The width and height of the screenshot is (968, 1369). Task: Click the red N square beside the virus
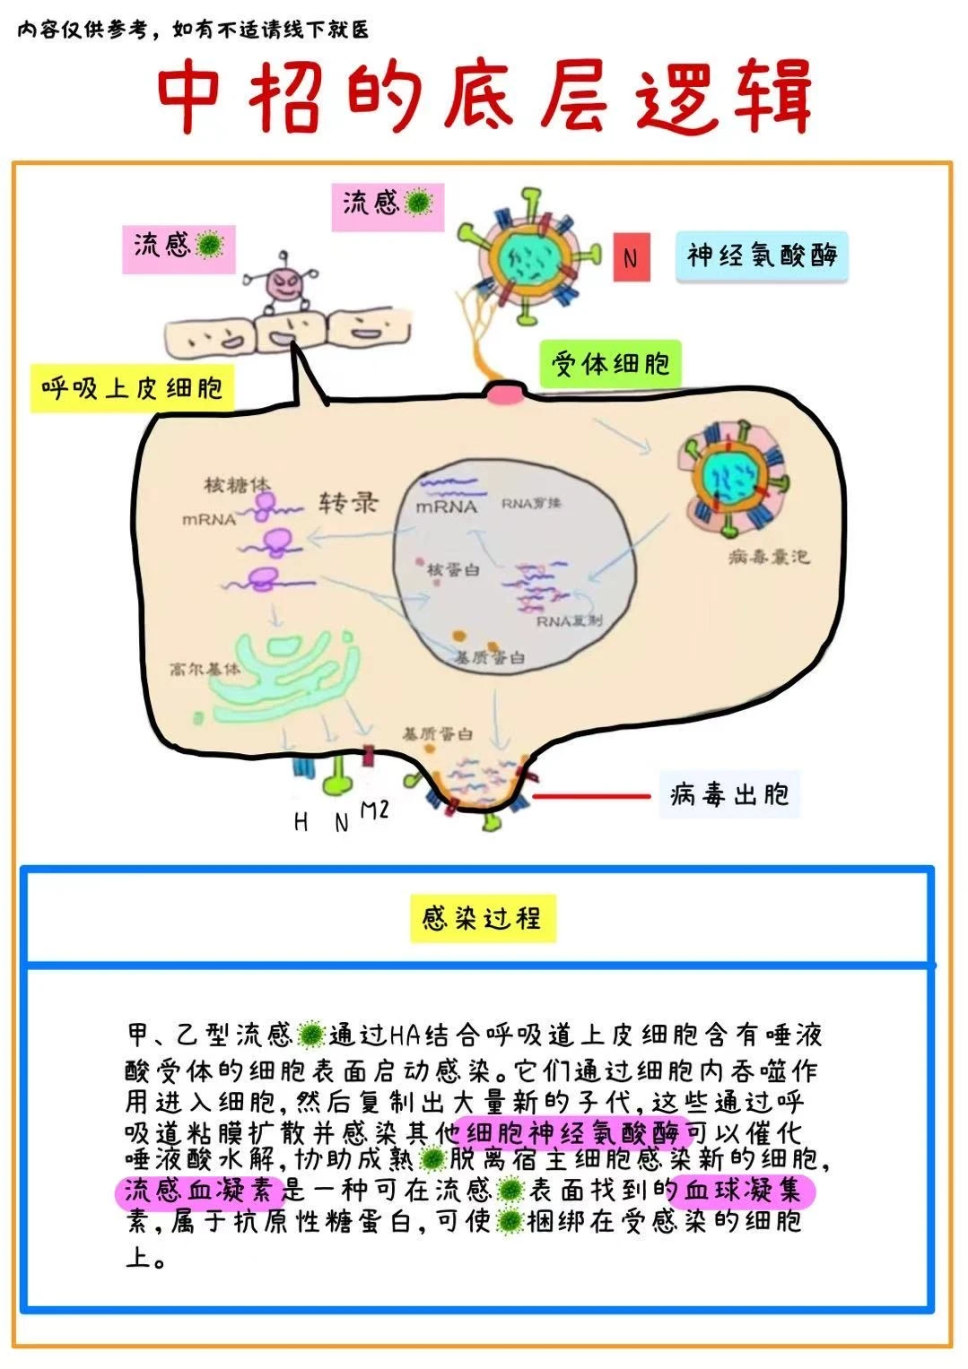point(631,257)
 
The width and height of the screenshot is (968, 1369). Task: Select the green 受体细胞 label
point(610,363)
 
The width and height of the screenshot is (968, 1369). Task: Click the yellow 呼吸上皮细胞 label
point(132,388)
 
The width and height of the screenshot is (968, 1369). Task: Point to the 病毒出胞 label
point(728,794)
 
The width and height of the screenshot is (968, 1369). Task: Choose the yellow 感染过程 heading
point(483,918)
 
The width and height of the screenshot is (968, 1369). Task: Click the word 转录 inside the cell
point(349,503)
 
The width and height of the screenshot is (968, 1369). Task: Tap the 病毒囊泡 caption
point(769,558)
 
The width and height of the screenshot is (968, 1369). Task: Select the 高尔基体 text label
point(205,669)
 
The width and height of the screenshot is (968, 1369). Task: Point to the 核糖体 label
point(237,485)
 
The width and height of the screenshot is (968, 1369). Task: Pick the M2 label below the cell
point(374,810)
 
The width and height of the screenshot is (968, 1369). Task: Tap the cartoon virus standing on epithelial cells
point(286,285)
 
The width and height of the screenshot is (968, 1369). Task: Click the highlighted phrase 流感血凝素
point(198,1191)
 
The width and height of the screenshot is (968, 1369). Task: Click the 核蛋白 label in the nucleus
point(453,569)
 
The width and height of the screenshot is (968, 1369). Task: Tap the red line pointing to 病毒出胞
point(591,795)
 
